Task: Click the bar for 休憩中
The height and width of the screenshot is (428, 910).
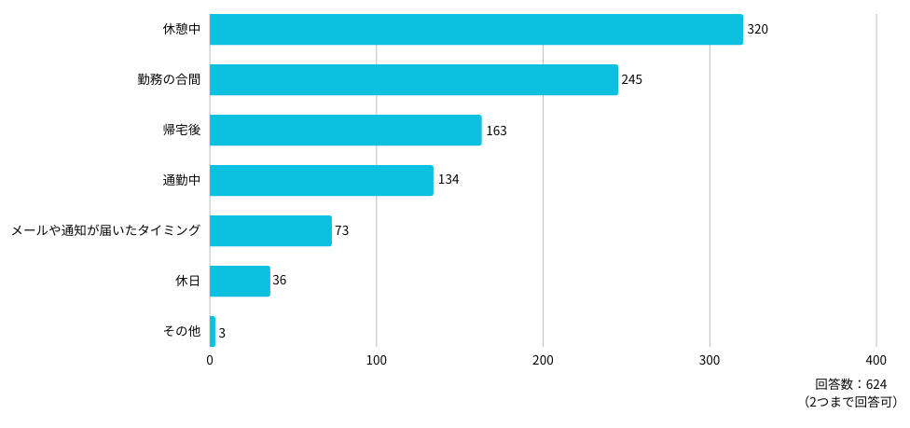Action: pyautogui.click(x=476, y=29)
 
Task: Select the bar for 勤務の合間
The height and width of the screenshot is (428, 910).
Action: pyautogui.click(x=414, y=79)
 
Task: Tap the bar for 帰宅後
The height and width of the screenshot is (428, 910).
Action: pyautogui.click(x=345, y=131)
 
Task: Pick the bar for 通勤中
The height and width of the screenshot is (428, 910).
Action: pyautogui.click(x=322, y=181)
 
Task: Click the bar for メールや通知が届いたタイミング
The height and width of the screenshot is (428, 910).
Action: pyautogui.click(x=270, y=230)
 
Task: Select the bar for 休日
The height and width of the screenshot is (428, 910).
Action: pyautogui.click(x=240, y=281)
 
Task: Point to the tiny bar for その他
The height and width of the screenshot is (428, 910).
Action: pyautogui.click(x=213, y=332)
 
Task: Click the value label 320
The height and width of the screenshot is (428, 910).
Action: pyautogui.click(x=758, y=30)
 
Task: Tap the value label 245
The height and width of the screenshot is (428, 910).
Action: pyautogui.click(x=632, y=80)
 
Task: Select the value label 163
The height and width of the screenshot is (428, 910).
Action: pyautogui.click(x=496, y=131)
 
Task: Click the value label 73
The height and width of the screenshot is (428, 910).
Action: pyautogui.click(x=342, y=231)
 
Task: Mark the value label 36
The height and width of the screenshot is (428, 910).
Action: pyautogui.click(x=280, y=281)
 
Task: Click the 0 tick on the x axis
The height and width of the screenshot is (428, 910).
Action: pyautogui.click(x=210, y=361)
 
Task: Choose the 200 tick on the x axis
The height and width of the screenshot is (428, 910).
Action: pyautogui.click(x=544, y=361)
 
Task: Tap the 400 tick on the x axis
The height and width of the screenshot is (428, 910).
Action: pyautogui.click(x=876, y=361)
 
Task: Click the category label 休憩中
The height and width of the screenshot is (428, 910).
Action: pyautogui.click(x=182, y=30)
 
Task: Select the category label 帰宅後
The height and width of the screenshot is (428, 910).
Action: pyautogui.click(x=182, y=131)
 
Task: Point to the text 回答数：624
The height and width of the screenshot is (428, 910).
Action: pyautogui.click(x=851, y=384)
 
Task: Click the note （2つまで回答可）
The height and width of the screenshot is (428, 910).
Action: pyautogui.click(x=850, y=402)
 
